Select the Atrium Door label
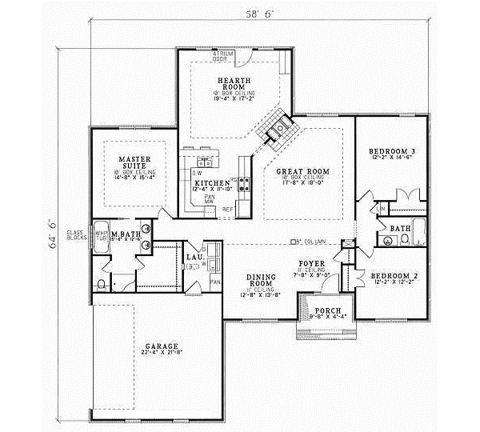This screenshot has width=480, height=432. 222,55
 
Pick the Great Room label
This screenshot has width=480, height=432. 303,171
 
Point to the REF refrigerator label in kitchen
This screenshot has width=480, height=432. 227,210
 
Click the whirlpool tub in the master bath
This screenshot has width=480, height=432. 102,238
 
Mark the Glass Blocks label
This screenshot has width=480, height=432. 78,234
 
